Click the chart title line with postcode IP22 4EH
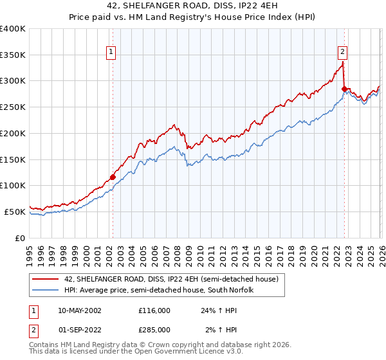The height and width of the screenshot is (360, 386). click(x=193, y=5)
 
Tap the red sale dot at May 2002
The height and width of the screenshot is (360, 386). click(x=113, y=177)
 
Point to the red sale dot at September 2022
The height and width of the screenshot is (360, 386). click(x=344, y=89)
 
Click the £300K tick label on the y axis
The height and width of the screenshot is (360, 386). click(x=13, y=81)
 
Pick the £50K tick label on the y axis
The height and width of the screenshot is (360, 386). click(x=15, y=212)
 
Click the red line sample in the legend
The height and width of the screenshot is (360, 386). click(x=46, y=279)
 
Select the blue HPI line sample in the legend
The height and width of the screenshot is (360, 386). click(x=46, y=290)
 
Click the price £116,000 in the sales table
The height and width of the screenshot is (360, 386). click(x=154, y=310)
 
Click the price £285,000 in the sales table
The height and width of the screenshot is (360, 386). click(x=154, y=330)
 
